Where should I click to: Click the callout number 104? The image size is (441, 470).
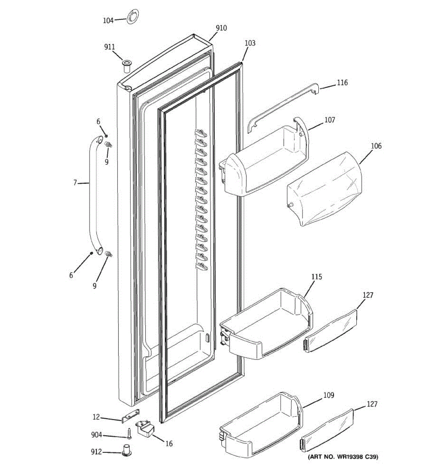coord(108,20)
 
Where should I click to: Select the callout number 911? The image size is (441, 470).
coord(109,47)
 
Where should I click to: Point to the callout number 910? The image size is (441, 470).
coord(221,28)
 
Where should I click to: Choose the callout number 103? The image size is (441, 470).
coord(250,43)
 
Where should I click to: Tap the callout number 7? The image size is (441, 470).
coord(75,183)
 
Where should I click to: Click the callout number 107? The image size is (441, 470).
coord(329,120)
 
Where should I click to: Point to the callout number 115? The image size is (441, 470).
coord(317,277)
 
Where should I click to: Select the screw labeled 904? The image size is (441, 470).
coord(129,434)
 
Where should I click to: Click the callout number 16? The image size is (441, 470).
coord(169,444)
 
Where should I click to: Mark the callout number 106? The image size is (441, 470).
coord(376,146)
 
